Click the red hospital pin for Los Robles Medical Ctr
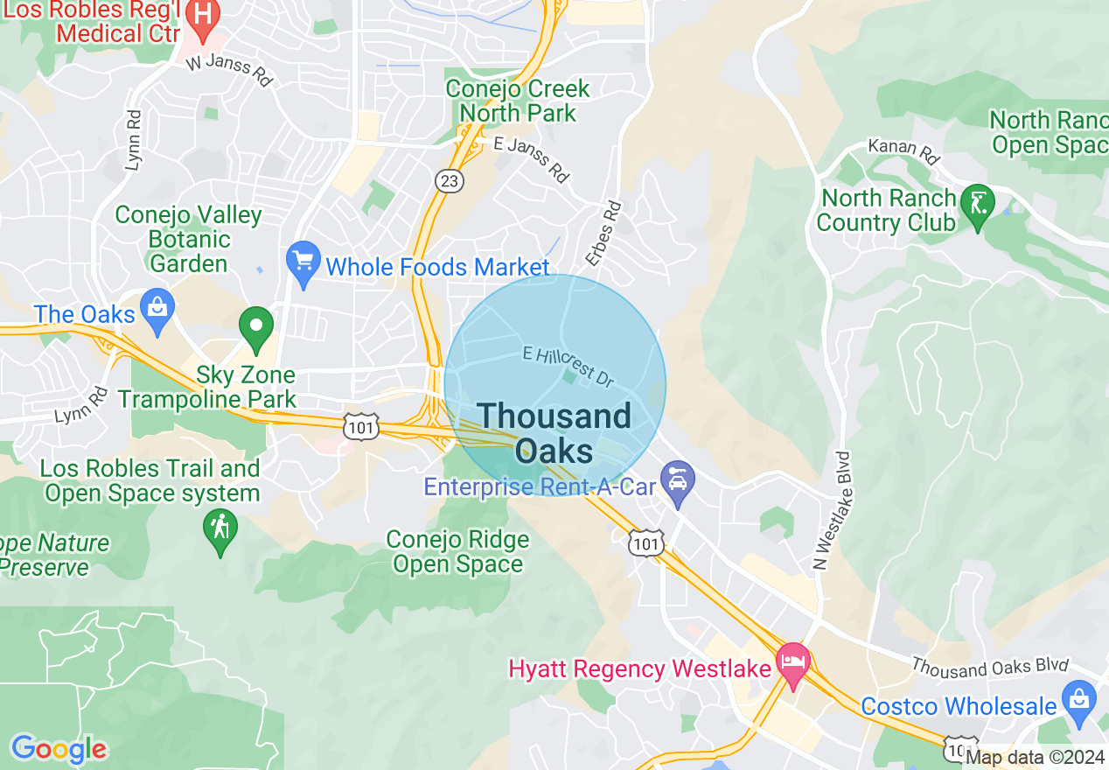(203, 18)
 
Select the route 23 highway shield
(450, 180)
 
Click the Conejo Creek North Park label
(518, 101)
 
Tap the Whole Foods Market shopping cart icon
(303, 262)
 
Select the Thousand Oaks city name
(554, 433)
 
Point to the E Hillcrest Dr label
(567, 366)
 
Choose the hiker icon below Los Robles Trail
(220, 529)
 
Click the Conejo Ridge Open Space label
(458, 552)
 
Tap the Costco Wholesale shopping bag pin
(1079, 700)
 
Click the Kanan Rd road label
(904, 150)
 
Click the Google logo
(59, 749)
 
